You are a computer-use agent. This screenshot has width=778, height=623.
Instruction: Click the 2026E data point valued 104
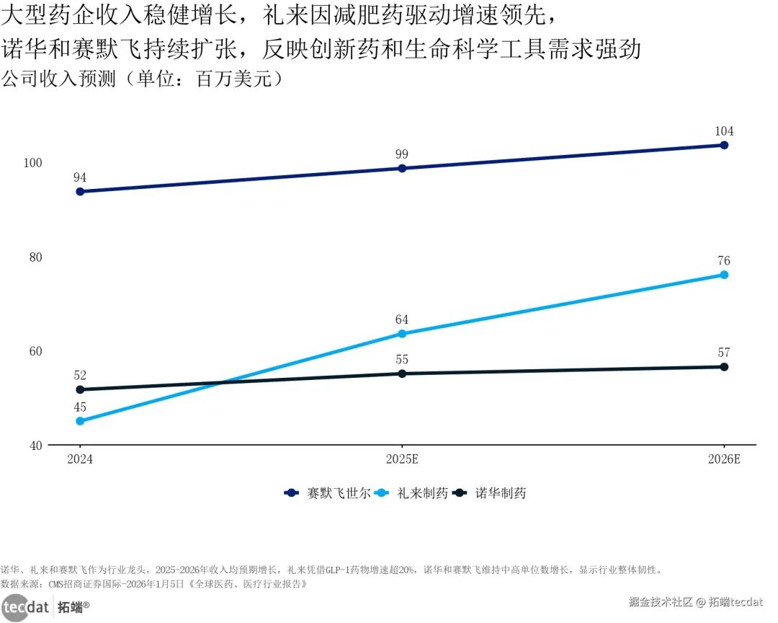(724, 145)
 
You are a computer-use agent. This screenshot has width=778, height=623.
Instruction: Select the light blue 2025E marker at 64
(402, 334)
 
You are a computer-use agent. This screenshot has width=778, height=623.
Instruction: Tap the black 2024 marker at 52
(80, 389)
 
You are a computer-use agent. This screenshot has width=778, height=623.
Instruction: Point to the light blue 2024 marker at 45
(80, 421)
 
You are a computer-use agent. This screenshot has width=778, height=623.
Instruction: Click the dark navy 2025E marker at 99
(402, 169)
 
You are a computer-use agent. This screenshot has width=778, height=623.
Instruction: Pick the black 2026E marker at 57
(724, 366)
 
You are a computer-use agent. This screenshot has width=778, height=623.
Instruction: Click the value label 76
(724, 260)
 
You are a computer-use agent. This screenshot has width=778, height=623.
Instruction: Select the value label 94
(80, 177)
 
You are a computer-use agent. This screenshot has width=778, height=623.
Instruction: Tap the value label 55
(402, 359)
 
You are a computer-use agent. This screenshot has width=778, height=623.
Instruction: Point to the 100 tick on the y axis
(32, 163)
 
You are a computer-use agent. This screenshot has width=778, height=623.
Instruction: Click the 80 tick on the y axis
(36, 257)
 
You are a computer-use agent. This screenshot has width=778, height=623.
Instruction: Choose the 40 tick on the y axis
(36, 446)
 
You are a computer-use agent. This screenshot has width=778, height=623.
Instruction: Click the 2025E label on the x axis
(402, 459)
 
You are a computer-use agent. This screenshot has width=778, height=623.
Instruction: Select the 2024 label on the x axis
(80, 459)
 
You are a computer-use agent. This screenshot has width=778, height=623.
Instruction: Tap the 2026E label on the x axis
(724, 459)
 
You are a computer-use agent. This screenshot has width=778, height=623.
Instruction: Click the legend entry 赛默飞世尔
(328, 492)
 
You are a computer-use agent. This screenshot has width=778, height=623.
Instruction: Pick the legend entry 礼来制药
(411, 492)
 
